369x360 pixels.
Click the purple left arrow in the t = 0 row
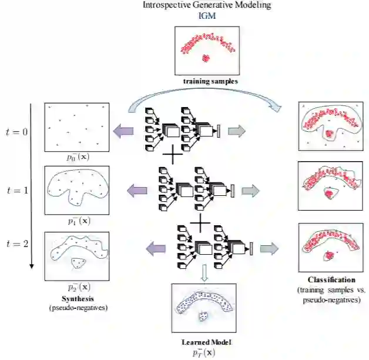pyautogui.click(x=126, y=131)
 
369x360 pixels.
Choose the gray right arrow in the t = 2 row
pyautogui.click(x=268, y=248)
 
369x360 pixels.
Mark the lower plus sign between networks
pyautogui.click(x=200, y=222)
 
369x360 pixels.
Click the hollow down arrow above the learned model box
pyautogui.click(x=203, y=271)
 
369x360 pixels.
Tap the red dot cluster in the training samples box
pyautogui.click(x=206, y=58)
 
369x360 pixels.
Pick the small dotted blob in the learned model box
pyautogui.click(x=203, y=316)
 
